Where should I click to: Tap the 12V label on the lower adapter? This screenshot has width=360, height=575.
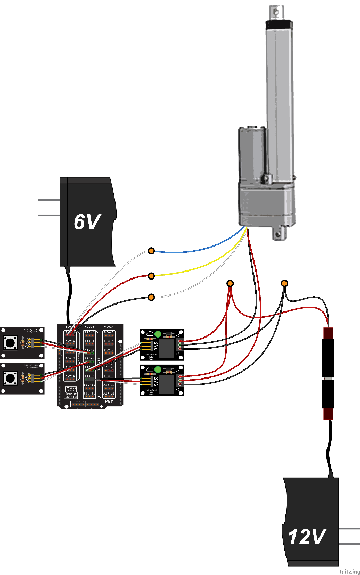(306, 536)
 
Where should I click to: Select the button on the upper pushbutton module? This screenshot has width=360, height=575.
(9, 342)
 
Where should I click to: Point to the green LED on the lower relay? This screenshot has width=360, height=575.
(158, 369)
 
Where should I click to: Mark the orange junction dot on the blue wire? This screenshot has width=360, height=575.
(151, 250)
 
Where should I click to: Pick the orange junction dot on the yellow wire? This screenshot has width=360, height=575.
(151, 276)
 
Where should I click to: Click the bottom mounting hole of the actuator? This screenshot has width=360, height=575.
(276, 232)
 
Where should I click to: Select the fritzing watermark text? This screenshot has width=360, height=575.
(349, 571)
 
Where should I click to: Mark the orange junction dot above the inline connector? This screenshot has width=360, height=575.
(284, 283)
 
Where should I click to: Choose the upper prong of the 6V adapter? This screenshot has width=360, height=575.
(49, 200)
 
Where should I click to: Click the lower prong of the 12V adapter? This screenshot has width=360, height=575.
(349, 544)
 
